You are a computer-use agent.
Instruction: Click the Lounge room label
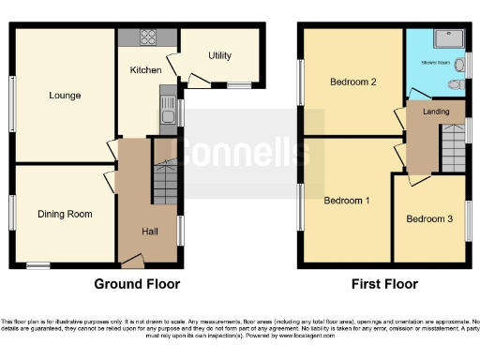click(x=65, y=96)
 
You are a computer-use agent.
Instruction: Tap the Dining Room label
click(x=65, y=215)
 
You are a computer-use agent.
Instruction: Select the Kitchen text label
click(x=145, y=70)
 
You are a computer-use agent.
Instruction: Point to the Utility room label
click(x=219, y=55)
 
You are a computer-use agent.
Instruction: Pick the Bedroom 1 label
click(x=346, y=201)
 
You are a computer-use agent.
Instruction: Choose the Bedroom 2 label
click(x=353, y=82)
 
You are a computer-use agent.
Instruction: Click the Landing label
click(x=436, y=112)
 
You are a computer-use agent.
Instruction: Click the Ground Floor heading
click(x=137, y=284)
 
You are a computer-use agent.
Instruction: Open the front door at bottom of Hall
click(x=133, y=262)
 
